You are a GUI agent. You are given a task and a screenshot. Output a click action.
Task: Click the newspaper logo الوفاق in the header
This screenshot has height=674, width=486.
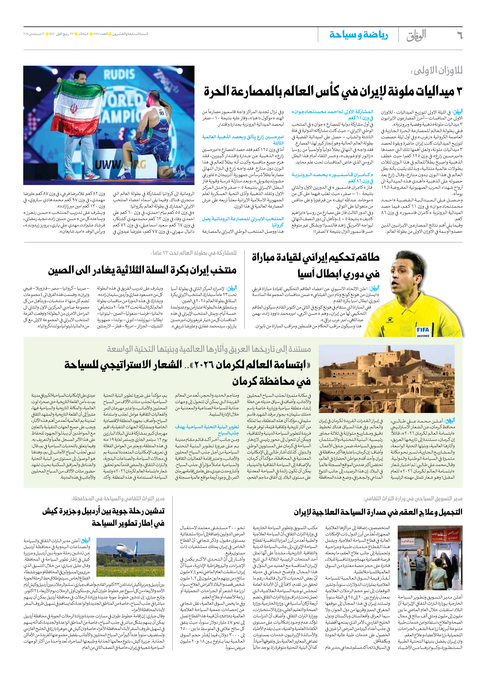click(x=416, y=35)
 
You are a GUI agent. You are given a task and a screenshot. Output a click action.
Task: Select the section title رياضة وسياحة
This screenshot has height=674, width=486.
click(x=358, y=35)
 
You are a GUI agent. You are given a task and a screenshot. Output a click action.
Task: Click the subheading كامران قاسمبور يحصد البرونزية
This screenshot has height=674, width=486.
click(x=332, y=175)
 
